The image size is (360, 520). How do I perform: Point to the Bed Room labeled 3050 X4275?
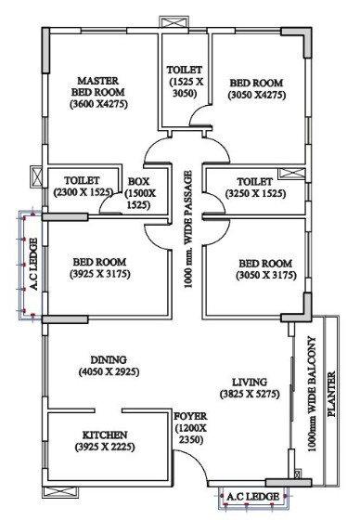tap(255, 83)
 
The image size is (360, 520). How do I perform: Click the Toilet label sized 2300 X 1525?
tap(81, 180)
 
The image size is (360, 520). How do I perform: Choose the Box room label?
tap(139, 180)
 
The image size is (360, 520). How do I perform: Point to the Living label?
tap(250, 382)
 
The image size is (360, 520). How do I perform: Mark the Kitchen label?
tap(104, 435)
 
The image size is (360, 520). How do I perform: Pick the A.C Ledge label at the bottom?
tap(249, 498)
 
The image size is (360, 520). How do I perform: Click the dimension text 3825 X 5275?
tap(250, 395)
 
